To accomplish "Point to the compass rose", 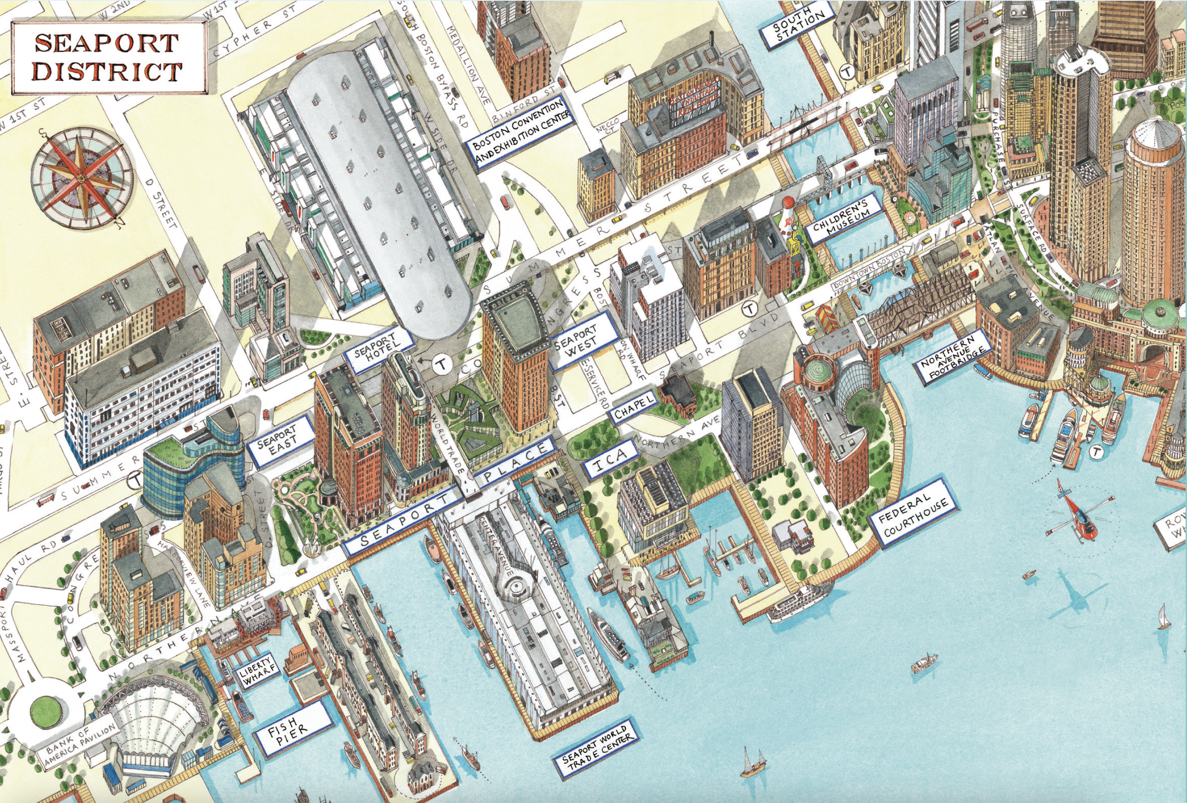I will (82, 177).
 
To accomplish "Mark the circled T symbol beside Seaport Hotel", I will (441, 364).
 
